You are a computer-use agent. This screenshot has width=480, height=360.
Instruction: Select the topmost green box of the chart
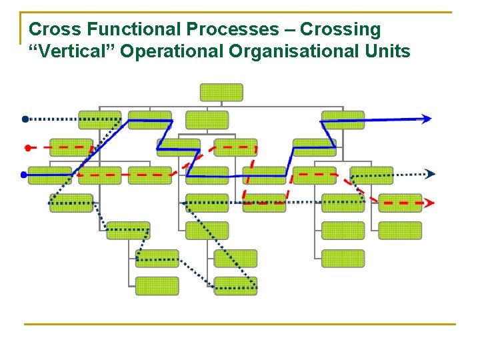point(221,92)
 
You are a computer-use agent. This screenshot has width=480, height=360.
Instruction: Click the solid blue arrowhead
point(426,119)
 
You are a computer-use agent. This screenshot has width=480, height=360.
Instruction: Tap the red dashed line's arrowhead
point(430,203)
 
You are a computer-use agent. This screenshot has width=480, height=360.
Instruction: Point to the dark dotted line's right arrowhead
point(431,174)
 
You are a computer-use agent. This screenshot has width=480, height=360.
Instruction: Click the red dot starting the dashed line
point(27,147)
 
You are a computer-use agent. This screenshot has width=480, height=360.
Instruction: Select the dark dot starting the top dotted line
point(25,119)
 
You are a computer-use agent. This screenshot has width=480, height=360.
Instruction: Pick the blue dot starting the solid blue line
point(24,175)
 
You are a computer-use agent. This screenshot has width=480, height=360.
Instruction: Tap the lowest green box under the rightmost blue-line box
point(343,258)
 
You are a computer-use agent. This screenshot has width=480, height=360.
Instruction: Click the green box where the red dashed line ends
point(400,203)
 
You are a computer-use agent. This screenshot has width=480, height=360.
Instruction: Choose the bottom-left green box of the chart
point(157,286)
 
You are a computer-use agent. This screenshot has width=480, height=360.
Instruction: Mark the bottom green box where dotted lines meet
point(235,286)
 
